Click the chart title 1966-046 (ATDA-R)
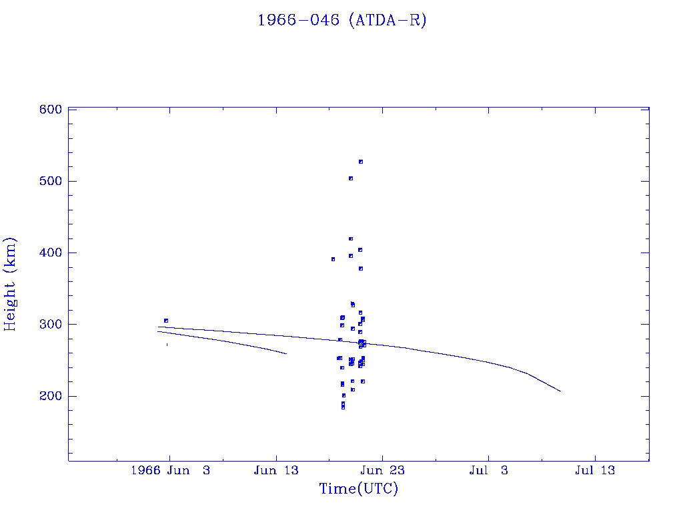coord(341,20)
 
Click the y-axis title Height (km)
coord(10,283)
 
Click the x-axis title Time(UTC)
coord(358,489)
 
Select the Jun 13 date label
coord(275,470)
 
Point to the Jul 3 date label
coord(488,470)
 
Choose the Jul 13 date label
coord(594,470)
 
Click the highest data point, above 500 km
coord(361,162)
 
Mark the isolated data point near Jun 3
coord(166,321)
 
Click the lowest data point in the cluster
coord(343,407)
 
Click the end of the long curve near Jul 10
coord(560,391)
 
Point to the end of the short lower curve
coord(286,353)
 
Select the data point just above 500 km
coord(351,178)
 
